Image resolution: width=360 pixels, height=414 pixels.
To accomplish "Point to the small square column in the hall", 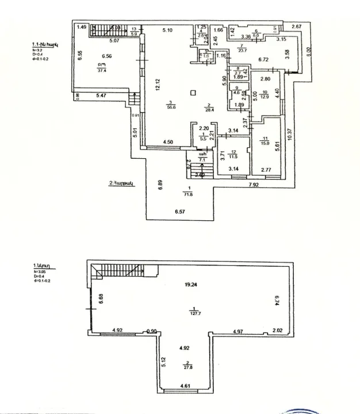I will (x=193, y=91).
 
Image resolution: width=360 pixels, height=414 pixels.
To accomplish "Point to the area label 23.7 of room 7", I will (x=243, y=51).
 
